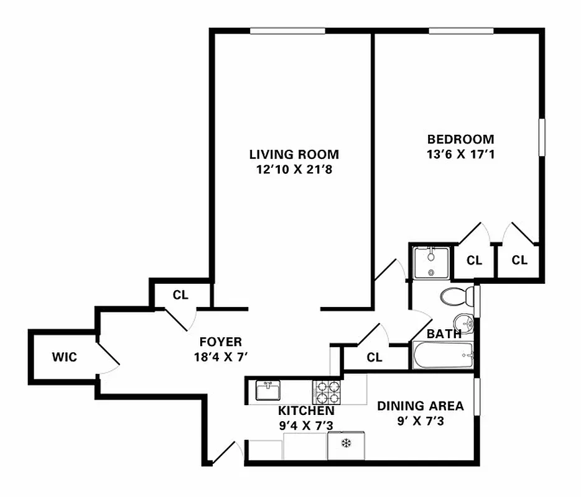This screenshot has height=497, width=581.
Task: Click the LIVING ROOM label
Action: point(294,154)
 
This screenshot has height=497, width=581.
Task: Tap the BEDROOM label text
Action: point(460,139)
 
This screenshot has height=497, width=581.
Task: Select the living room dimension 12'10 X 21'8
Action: point(294,169)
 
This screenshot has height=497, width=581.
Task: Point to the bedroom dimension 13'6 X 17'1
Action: point(460,154)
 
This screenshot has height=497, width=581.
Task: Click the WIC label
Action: point(64,358)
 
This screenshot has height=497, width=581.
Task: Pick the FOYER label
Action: point(220,342)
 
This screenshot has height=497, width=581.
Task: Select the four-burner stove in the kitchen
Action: point(327,391)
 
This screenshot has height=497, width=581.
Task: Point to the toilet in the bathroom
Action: point(453,296)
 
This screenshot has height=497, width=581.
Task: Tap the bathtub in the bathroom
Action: point(443,356)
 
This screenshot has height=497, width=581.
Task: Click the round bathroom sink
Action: point(462,322)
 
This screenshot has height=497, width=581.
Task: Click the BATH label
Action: point(444,334)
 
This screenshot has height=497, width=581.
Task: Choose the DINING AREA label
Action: point(421,406)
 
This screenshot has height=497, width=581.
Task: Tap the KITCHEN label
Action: point(305,411)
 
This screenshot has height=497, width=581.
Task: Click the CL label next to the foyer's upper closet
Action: point(180,295)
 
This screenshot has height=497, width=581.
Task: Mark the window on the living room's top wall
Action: point(287,31)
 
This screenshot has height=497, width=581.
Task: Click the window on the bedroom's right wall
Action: point(541,137)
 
